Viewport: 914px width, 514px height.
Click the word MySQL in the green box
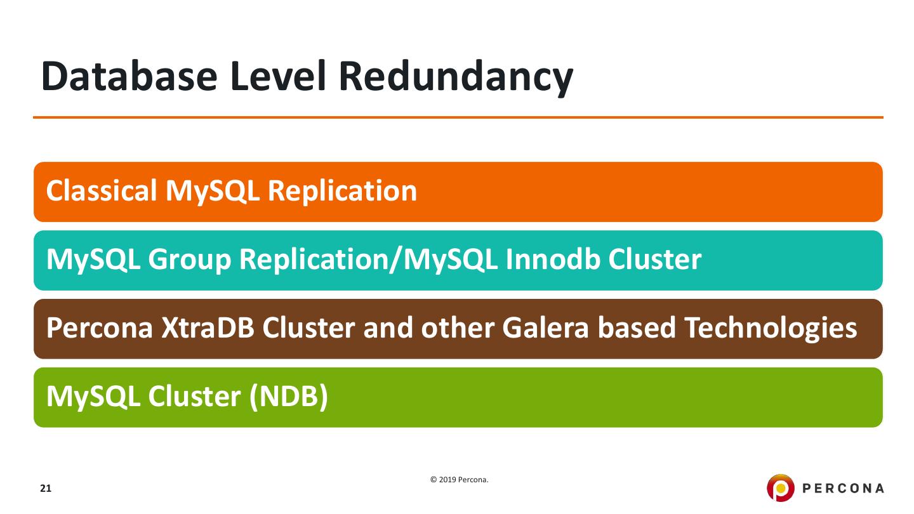coord(93,397)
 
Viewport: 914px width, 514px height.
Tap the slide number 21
coord(45,489)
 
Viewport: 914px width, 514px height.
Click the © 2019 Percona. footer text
coord(460,480)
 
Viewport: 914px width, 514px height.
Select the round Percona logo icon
coord(780,487)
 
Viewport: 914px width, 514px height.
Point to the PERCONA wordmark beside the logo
coord(844,488)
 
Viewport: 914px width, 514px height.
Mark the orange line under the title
coord(458,117)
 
